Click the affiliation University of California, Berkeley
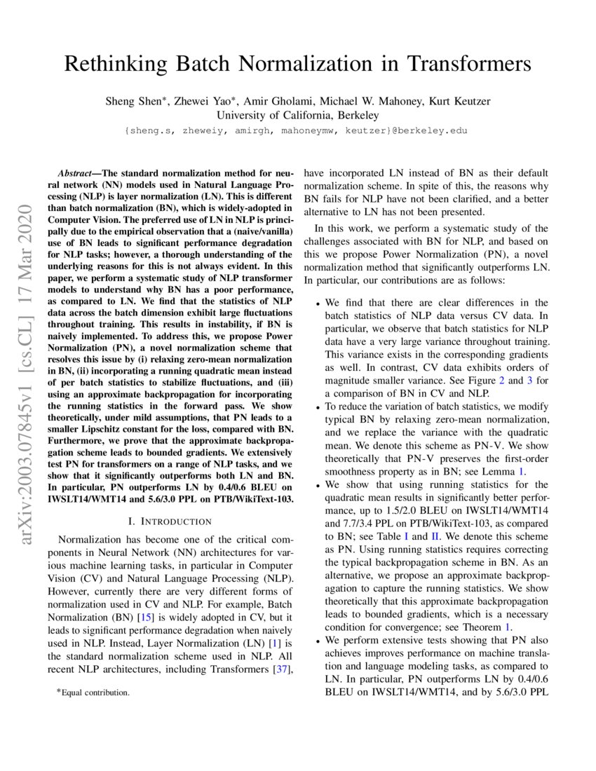tap(297, 115)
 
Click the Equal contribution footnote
tap(93, 692)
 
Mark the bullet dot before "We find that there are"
tap(318, 304)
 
